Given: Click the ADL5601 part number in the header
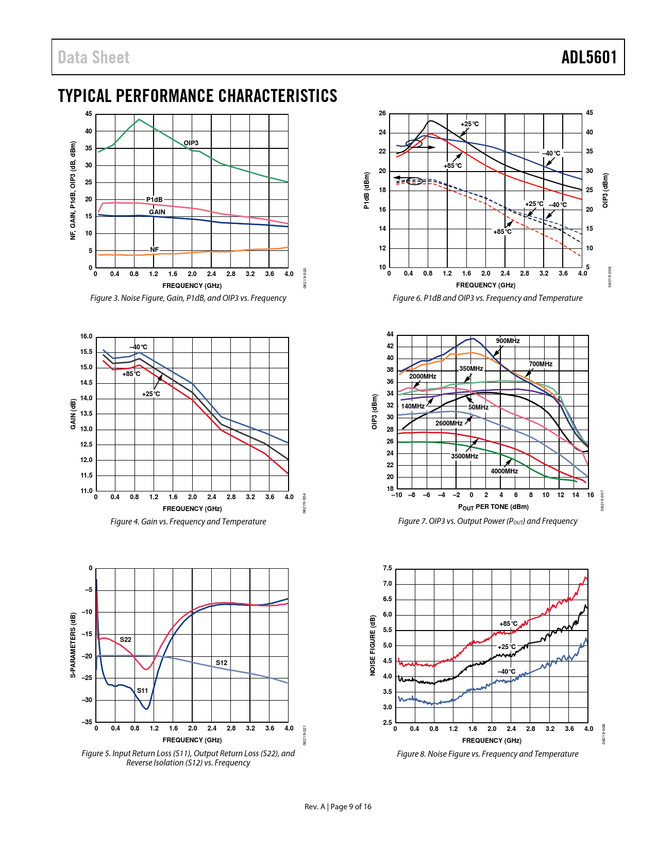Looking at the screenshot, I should pos(588,57).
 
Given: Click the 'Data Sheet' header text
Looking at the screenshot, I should pos(94,57).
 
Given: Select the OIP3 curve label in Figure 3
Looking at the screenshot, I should pos(191,143).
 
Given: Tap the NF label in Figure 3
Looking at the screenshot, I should pos(155,250).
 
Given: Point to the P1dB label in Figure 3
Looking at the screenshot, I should pos(154,199).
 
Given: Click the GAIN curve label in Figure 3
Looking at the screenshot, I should pos(157,212).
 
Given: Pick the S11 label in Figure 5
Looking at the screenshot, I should pos(142,691).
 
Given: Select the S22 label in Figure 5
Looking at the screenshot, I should pos(126,640).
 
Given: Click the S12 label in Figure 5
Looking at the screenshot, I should pos(222,663).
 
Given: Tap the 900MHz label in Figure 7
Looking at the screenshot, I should pos(508,341).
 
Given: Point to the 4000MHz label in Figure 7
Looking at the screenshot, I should pos(504,471).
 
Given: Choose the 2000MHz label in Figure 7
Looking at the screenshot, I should pos(423,377).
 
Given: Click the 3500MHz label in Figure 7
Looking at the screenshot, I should pos(464,456).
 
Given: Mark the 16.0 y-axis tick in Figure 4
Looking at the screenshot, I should pos(86,337).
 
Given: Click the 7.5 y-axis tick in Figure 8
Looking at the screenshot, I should pos(387,568).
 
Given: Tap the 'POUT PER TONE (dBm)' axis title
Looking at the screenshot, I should pos(493,507).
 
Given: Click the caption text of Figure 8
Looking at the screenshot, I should pos(487,754).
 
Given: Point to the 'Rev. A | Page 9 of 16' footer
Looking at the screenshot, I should pos(338,807).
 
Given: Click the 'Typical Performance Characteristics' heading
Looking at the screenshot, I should pos(197,96).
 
